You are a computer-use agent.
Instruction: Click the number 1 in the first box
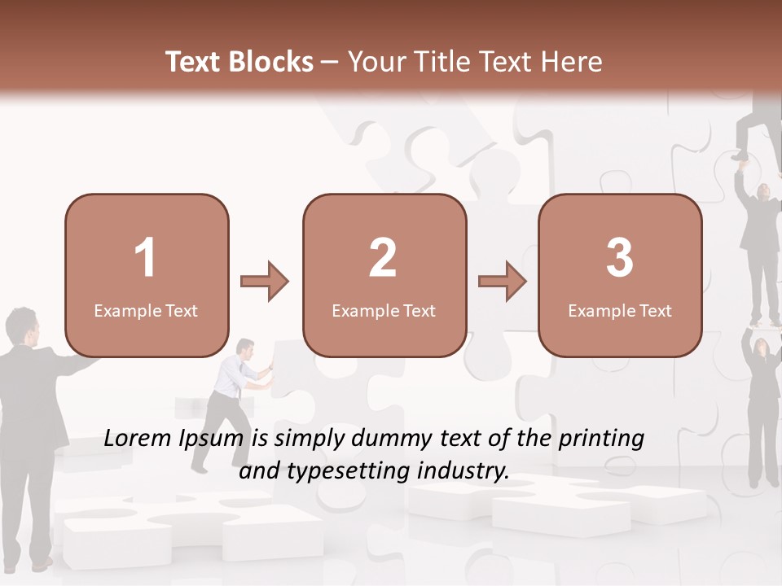(x=146, y=258)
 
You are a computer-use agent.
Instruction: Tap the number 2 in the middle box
(x=383, y=258)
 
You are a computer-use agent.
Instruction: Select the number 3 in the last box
(x=620, y=258)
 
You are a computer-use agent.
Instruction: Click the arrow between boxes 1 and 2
(x=265, y=282)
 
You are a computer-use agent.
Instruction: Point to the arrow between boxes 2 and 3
(x=502, y=282)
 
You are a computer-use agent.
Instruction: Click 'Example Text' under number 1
(x=146, y=311)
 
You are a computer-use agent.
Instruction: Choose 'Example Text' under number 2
(x=384, y=311)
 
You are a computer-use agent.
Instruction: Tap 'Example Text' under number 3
(x=620, y=311)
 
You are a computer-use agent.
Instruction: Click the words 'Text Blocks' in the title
(x=239, y=62)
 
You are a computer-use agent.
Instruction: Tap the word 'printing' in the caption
(x=601, y=439)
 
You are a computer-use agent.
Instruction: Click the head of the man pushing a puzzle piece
(x=245, y=348)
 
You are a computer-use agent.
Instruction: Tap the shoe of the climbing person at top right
(x=740, y=155)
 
